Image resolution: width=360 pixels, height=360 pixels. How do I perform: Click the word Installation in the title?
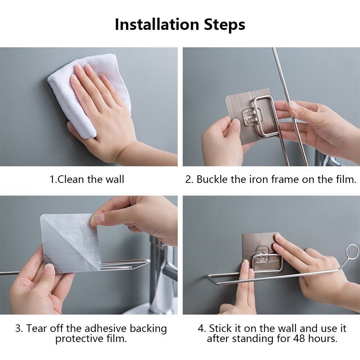click(x=157, y=24)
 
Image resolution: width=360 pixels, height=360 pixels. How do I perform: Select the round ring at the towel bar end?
click(x=352, y=251)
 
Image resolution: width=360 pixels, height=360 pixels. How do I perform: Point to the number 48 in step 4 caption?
click(x=299, y=338)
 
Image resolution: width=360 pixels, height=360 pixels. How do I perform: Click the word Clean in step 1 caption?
click(x=71, y=179)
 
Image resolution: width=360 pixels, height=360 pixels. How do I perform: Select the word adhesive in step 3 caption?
click(x=105, y=328)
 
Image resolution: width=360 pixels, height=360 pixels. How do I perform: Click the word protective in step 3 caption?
click(x=79, y=339)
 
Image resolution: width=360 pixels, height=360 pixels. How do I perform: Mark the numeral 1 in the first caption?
click(x=51, y=179)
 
